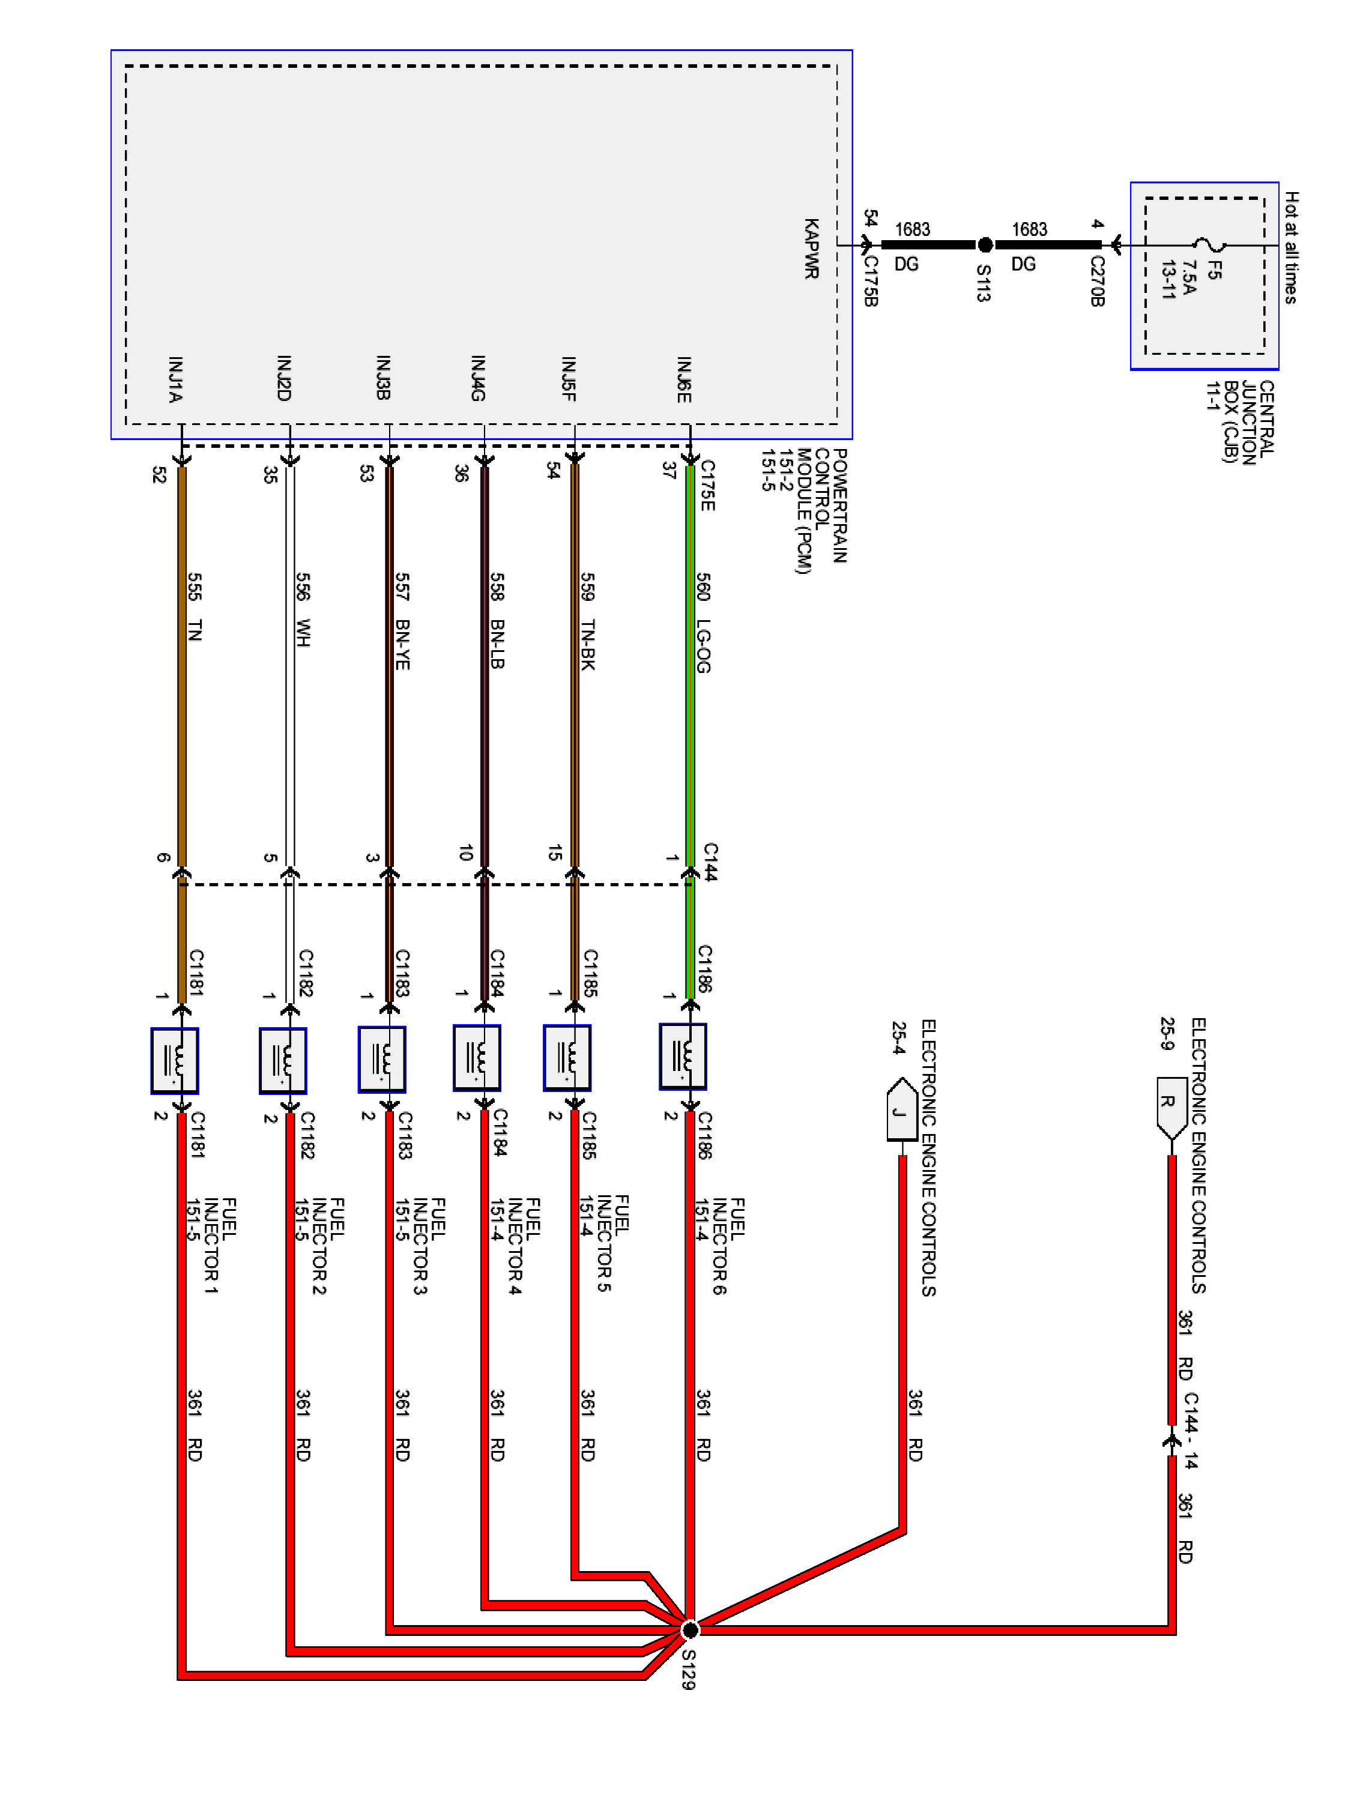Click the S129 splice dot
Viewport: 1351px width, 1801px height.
[x=690, y=1629]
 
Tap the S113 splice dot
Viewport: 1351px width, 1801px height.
[x=985, y=244]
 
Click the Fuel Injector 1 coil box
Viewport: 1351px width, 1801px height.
[x=174, y=1061]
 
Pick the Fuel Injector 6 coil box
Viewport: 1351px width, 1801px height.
[x=683, y=1056]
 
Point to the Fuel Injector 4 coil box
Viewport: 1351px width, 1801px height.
[x=477, y=1058]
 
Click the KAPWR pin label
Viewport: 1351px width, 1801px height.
[x=811, y=249]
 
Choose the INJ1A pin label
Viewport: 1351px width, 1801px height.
[x=175, y=379]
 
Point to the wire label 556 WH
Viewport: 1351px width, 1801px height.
[x=302, y=610]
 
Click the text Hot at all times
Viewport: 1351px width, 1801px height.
[x=1292, y=247]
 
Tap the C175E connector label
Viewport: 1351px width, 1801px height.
[x=707, y=486]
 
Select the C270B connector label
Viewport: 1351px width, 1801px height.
[x=1097, y=281]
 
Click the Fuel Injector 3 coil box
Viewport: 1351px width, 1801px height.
[x=382, y=1059]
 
